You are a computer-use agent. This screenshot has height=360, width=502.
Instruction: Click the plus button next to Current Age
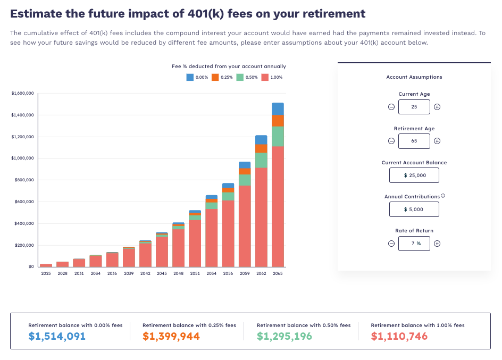437,107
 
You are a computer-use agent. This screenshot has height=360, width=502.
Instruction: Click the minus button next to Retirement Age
391,141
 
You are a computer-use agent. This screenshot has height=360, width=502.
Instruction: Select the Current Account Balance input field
414,175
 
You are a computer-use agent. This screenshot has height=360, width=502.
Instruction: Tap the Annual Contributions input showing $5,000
414,209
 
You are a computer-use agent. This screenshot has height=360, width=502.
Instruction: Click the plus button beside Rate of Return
437,244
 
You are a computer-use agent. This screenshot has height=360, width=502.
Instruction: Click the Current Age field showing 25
414,107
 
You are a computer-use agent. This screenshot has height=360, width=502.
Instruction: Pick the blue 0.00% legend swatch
190,77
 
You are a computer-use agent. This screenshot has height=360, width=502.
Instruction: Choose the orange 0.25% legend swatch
215,77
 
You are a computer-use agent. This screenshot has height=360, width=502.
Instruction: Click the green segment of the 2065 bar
278,136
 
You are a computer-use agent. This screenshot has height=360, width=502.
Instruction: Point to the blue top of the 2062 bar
261,140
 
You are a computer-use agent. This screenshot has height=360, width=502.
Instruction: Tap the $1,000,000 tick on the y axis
22,158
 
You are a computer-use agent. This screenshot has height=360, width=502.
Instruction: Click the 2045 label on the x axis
162,273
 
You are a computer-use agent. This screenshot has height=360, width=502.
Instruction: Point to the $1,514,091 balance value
57,336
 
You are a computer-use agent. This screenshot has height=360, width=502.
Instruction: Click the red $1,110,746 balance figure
399,336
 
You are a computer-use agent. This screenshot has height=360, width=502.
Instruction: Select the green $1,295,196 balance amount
285,336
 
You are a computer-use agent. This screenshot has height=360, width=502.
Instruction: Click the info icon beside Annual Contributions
443,196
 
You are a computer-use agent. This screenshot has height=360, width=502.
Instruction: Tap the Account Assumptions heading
414,77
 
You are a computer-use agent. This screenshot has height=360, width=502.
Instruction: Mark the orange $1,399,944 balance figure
171,336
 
